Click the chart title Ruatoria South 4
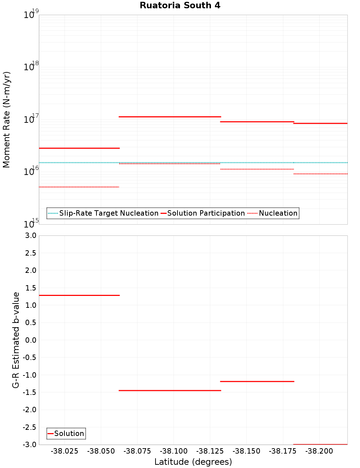(180, 5)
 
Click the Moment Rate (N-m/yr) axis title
(6, 120)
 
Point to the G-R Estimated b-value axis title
(16, 340)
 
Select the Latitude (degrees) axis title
(193, 462)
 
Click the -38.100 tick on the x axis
(174, 451)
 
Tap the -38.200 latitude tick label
(319, 451)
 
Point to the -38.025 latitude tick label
(64, 451)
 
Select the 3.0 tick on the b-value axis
(30, 235)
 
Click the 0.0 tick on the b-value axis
(30, 340)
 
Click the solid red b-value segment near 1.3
(79, 295)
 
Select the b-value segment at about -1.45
(170, 390)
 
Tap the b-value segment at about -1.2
(257, 381)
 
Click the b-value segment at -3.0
(320, 444)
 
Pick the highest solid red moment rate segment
(170, 117)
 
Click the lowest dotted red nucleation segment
(79, 187)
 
